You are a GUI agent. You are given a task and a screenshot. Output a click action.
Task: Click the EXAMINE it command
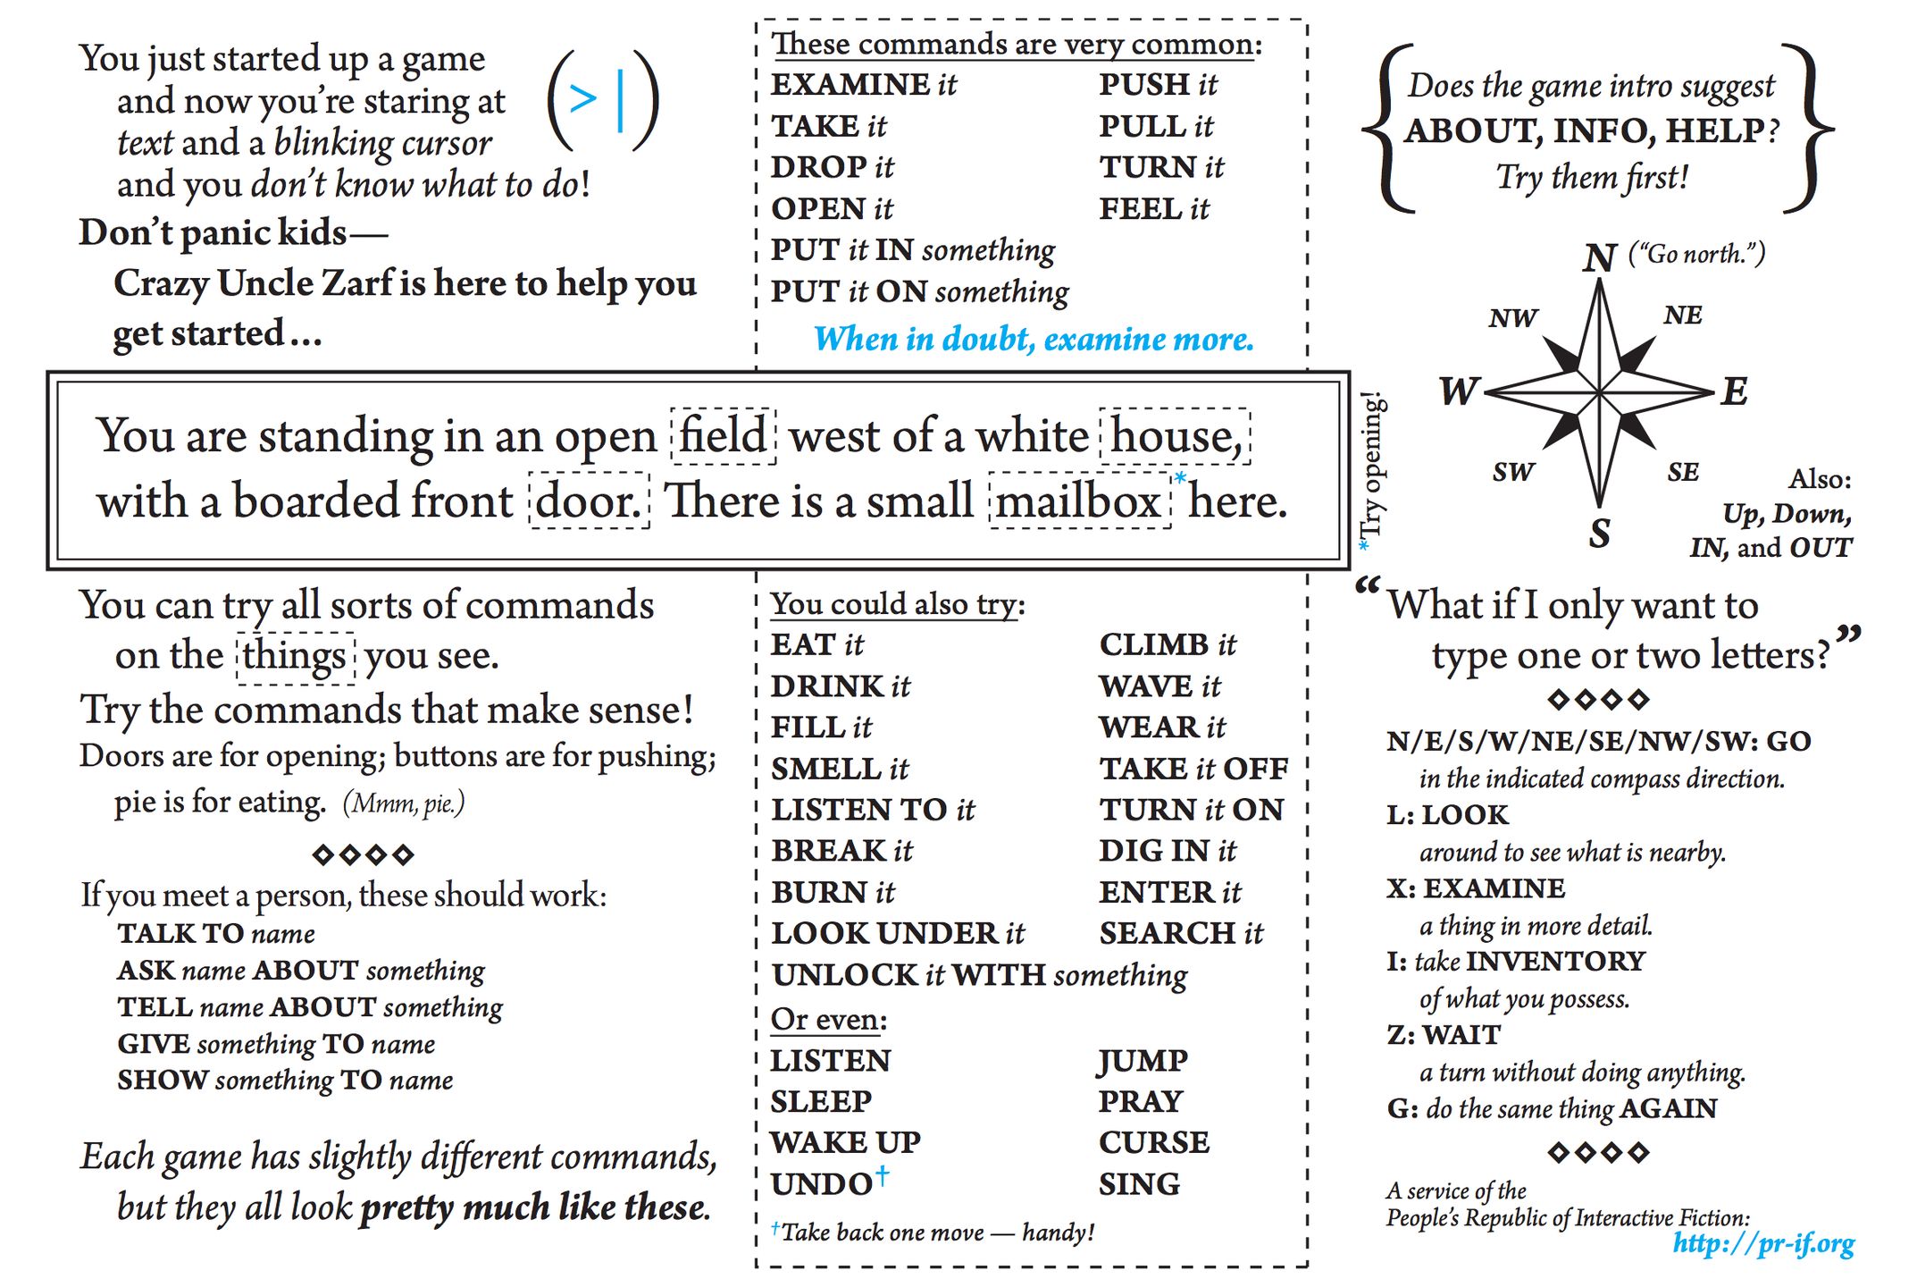click(863, 85)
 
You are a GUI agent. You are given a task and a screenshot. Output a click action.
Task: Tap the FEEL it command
click(1153, 209)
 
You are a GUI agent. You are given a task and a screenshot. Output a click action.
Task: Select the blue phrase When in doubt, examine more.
click(1034, 340)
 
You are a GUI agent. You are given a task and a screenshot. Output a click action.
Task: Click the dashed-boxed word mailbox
click(1079, 501)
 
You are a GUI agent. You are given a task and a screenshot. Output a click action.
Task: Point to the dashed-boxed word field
click(723, 436)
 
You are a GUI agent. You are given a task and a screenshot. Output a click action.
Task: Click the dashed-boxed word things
click(295, 656)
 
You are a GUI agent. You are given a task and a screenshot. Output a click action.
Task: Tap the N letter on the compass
click(1599, 258)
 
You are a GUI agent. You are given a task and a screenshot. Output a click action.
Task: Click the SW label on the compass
click(1512, 472)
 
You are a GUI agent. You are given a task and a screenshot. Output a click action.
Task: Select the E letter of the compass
click(1734, 391)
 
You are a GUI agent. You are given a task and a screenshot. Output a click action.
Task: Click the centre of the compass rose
click(1599, 391)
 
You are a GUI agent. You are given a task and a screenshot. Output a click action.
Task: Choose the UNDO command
click(823, 1184)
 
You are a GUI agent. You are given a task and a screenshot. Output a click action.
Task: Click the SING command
click(1139, 1184)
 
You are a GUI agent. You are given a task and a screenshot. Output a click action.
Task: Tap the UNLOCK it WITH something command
click(979, 975)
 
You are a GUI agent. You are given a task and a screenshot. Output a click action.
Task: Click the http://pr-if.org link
click(1762, 1243)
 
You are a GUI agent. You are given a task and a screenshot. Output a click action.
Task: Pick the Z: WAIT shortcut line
click(1444, 1035)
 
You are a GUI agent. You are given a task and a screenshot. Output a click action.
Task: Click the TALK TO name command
click(216, 934)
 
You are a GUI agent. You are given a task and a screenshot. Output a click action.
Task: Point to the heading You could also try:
click(897, 604)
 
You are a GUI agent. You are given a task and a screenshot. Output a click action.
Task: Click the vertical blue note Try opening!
click(1371, 469)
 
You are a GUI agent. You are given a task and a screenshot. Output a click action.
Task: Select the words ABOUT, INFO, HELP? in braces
click(1592, 131)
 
